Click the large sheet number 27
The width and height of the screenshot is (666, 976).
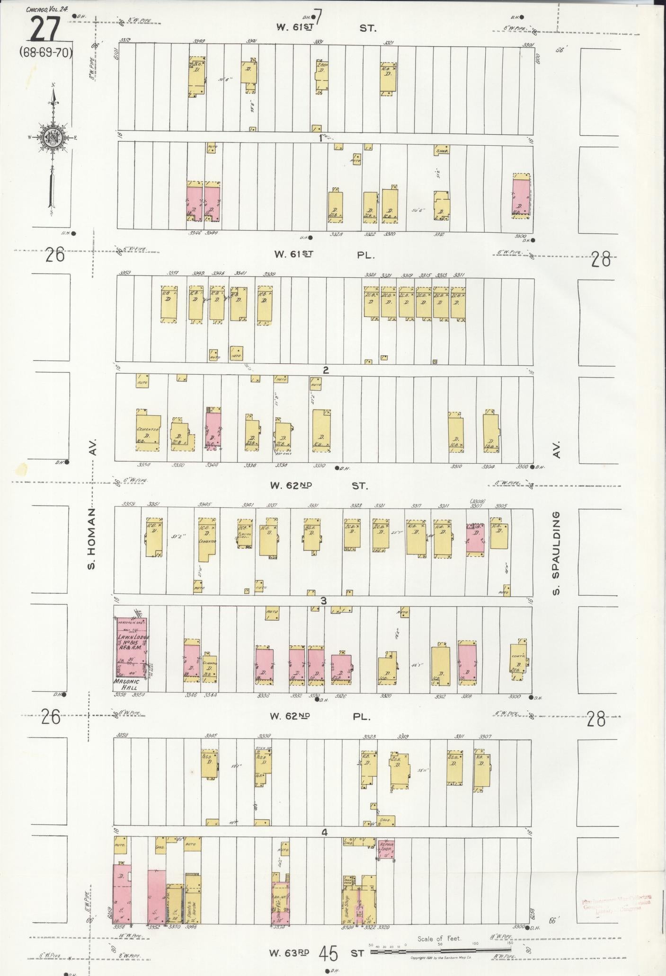coord(46,29)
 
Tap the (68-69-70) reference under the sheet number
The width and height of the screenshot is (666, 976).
coord(46,52)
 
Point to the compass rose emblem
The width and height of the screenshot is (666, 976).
coord(52,137)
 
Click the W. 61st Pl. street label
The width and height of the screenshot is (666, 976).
coord(325,255)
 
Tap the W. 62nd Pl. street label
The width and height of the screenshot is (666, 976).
coord(319,716)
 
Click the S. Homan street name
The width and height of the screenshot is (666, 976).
coord(92,539)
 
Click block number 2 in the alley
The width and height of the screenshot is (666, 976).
coord(325,370)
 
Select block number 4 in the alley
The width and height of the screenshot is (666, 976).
coord(325,832)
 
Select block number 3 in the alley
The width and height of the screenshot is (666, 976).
coord(324,601)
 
